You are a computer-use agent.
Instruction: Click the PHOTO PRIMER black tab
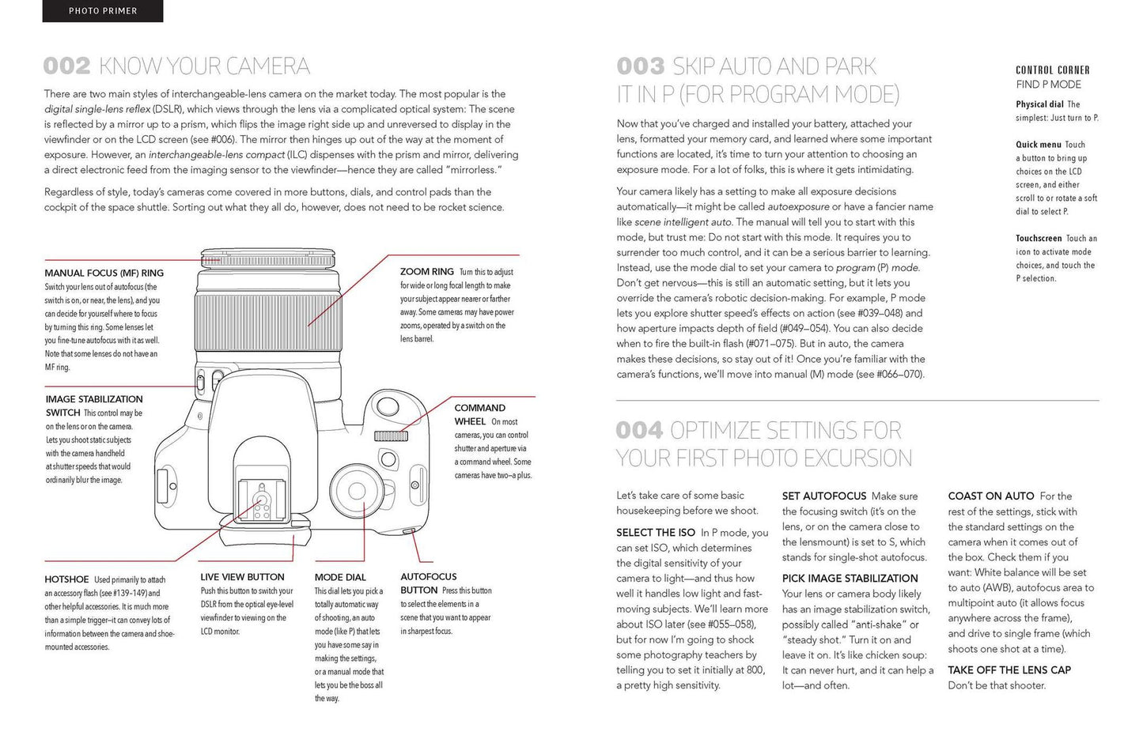(x=103, y=11)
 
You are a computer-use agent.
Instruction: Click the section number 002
(x=67, y=66)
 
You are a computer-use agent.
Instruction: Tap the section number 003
(x=641, y=66)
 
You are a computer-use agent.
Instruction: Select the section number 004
(x=639, y=430)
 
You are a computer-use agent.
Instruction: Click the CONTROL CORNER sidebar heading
(x=1052, y=70)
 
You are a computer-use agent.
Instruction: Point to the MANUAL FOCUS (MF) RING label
(x=104, y=273)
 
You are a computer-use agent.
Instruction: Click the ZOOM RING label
(x=426, y=272)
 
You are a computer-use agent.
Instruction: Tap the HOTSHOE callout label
(x=67, y=579)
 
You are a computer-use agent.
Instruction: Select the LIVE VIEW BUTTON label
(x=242, y=577)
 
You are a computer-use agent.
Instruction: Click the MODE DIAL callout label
(x=340, y=577)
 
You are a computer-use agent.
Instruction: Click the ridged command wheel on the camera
(x=391, y=436)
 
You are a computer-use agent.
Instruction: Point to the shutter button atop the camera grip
(x=387, y=406)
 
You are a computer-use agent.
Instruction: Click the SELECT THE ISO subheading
(x=656, y=533)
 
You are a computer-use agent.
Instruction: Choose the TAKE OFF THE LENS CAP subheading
(x=1009, y=670)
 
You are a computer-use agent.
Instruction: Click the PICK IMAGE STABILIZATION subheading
(x=850, y=579)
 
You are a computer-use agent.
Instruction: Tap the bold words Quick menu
(x=1039, y=145)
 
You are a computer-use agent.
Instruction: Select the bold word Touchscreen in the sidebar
(x=1039, y=238)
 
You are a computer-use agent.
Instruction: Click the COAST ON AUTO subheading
(x=991, y=496)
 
